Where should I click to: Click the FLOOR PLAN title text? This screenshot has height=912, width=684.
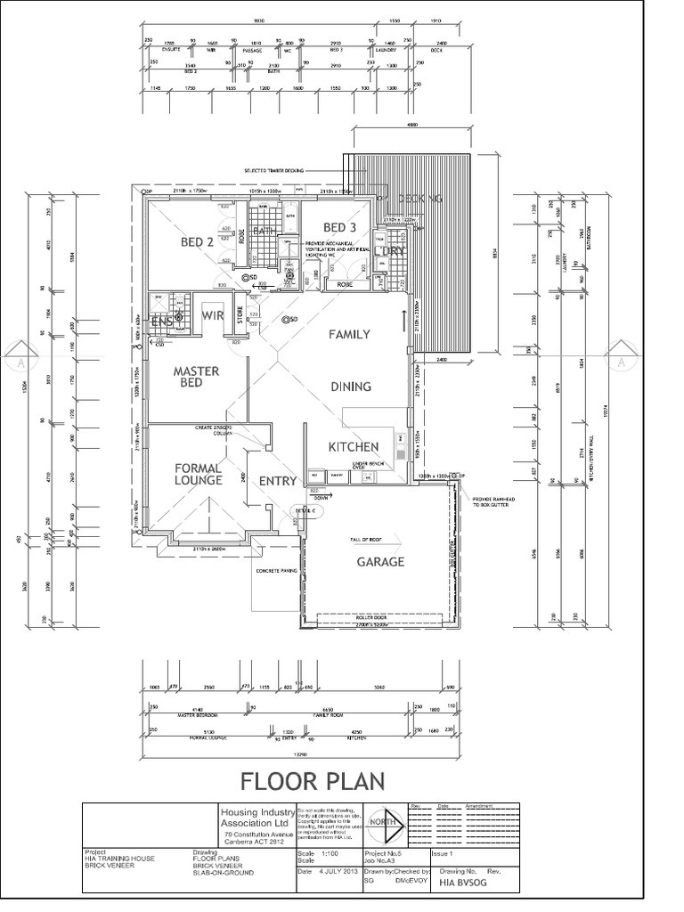311,781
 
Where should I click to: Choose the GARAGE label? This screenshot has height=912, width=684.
380,562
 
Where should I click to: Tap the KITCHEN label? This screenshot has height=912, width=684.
354,446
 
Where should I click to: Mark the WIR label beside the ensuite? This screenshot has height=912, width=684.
212,314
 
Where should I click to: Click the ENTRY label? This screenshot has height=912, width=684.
277,481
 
